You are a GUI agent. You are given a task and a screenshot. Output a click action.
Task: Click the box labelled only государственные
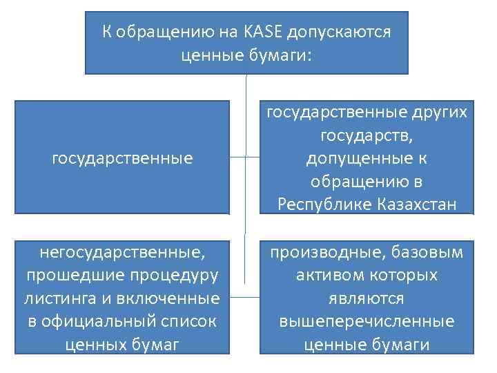coord(122,158)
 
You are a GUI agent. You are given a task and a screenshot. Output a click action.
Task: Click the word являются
coord(367,298)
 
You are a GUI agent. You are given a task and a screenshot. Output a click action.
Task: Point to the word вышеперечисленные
coord(367,321)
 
